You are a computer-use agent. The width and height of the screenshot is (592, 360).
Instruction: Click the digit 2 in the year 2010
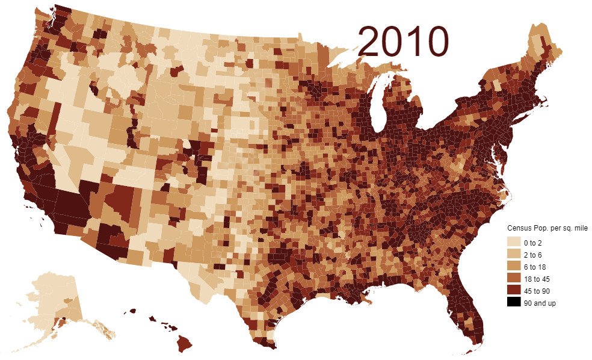(370, 41)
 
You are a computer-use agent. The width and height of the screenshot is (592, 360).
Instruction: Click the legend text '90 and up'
(540, 303)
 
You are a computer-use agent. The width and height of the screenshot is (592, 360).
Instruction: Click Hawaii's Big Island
(183, 344)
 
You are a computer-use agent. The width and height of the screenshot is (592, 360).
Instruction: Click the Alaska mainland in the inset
(51, 298)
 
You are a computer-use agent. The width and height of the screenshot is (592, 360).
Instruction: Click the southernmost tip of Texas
(270, 346)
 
